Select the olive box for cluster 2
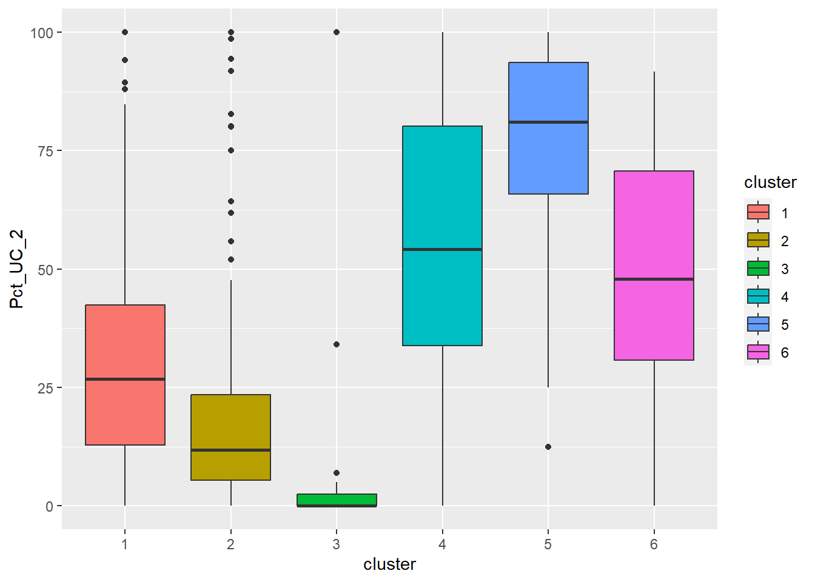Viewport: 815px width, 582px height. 230,424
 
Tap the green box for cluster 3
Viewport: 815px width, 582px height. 337,499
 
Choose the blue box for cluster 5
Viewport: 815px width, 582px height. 548,158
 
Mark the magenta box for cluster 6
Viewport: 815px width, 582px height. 654,230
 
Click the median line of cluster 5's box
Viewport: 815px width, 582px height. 548,122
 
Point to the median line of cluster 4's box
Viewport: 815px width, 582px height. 442,249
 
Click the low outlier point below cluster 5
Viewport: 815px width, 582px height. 548,447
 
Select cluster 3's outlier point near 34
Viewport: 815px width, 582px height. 337,344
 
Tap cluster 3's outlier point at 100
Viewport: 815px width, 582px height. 337,32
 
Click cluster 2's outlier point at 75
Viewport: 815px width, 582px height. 231,150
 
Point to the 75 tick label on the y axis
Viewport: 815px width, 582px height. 46,151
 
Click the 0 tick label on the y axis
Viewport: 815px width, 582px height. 50,506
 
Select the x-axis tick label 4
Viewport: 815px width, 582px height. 442,544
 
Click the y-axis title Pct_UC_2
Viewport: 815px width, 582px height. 17,269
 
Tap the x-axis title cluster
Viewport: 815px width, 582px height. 389,564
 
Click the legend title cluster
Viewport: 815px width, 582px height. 770,182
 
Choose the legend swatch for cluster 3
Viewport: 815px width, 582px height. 758,268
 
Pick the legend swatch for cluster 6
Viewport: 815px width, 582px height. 758,352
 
